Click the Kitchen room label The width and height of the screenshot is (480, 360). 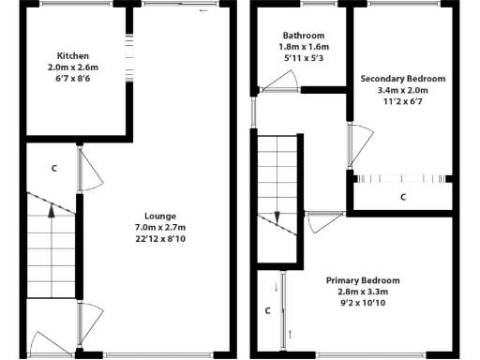tap(73, 55)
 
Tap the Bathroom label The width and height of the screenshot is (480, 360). tap(299, 34)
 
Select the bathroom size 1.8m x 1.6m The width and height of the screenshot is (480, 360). tap(299, 47)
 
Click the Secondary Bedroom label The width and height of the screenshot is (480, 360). tap(403, 78)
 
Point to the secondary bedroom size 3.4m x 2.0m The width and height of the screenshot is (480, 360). tap(403, 91)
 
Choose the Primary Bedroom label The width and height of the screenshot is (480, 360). tap(363, 280)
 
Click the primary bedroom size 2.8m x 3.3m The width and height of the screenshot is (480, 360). tap(363, 292)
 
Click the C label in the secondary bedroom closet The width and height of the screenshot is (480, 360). tap(403, 197)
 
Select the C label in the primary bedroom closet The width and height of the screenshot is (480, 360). tap(267, 309)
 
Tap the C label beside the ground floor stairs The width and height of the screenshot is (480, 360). tap(54, 169)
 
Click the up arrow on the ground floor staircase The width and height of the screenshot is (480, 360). tap(51, 212)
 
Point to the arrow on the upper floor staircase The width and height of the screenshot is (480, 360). tap(277, 217)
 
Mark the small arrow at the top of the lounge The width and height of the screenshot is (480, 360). tap(204, 11)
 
